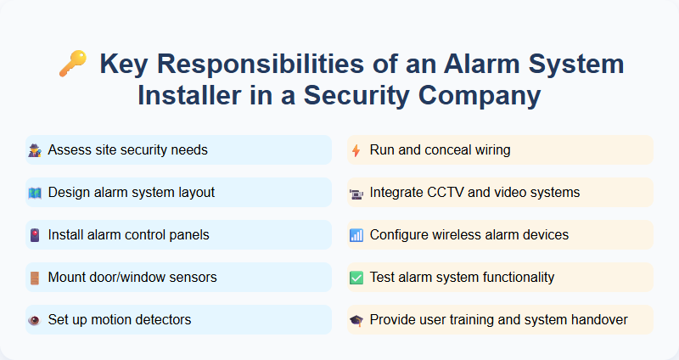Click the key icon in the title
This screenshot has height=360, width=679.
pos(71,64)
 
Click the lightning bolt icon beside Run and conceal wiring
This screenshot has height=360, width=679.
pos(356,150)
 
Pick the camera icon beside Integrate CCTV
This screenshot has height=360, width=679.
pos(356,193)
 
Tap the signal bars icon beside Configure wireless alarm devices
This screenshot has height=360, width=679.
pos(356,235)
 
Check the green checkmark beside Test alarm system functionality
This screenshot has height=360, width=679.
pos(356,278)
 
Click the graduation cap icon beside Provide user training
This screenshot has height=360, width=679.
pos(356,320)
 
